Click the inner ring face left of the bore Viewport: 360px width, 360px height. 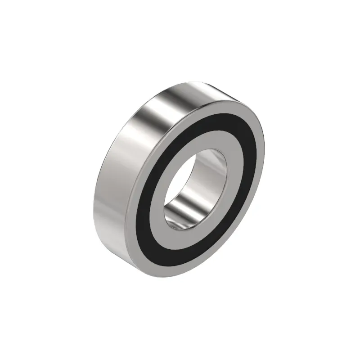tap(160, 198)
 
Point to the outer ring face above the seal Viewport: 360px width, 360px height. tap(220, 103)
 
